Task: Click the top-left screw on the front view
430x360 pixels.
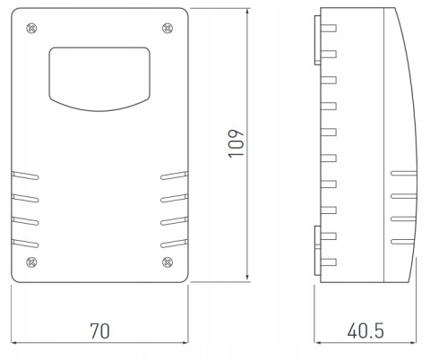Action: click(x=31, y=29)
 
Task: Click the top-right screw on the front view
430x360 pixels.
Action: click(x=168, y=28)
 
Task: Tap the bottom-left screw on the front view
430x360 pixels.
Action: click(x=31, y=262)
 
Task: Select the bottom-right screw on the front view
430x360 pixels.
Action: click(x=168, y=262)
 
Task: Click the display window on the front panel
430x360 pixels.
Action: click(x=99, y=79)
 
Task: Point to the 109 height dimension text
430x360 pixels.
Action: click(x=236, y=143)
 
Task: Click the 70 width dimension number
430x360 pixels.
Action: click(x=100, y=330)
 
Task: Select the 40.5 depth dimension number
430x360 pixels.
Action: click(x=365, y=330)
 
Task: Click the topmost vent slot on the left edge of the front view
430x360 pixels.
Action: click(x=25, y=176)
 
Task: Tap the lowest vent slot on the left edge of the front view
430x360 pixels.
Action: click(x=25, y=244)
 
